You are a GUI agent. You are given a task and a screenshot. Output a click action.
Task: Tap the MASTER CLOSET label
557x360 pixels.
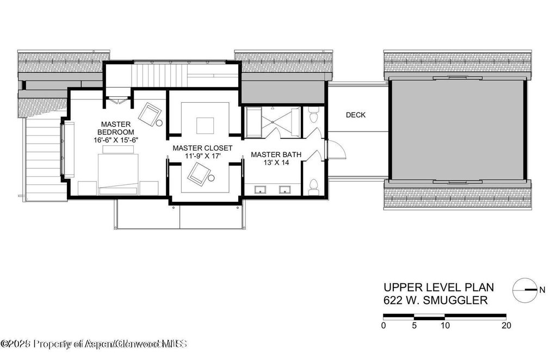[202, 148]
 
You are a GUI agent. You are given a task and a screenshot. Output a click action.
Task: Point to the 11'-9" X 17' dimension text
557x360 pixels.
[202, 157]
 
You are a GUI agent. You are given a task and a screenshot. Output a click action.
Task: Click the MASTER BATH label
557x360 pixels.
[276, 155]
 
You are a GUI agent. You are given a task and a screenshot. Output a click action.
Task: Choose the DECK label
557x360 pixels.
[356, 115]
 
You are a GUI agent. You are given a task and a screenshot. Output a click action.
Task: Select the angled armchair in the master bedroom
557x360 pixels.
[150, 114]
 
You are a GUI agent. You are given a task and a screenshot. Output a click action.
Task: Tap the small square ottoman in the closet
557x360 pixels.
[205, 125]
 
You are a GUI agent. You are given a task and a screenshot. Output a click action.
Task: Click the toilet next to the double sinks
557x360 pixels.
[313, 186]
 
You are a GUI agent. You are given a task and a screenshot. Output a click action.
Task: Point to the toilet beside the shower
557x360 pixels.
[313, 116]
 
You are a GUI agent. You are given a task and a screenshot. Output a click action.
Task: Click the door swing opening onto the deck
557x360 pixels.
[335, 148]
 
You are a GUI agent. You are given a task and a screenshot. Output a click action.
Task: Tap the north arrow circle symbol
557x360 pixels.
[524, 290]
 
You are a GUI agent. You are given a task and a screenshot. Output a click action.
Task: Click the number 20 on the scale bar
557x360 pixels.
[506, 326]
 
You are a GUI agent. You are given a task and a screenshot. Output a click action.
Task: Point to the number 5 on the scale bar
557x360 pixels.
[414, 326]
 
